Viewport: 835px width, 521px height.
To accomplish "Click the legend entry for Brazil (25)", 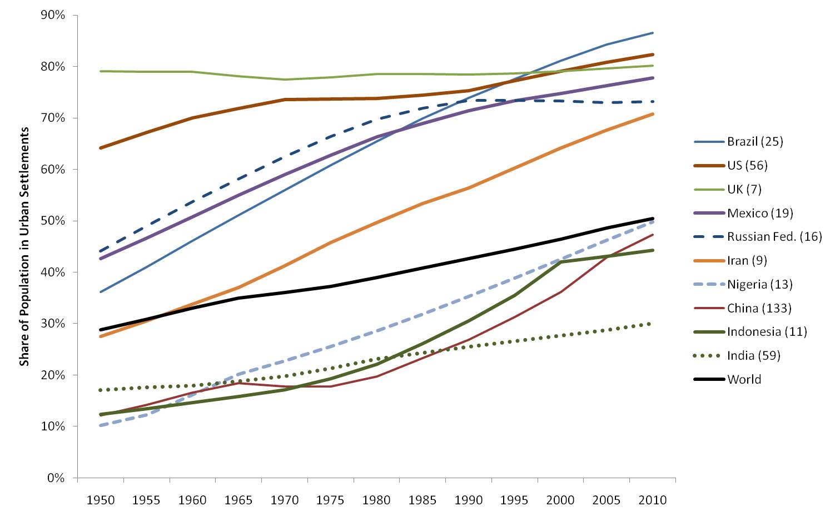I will pyautogui.click(x=754, y=142).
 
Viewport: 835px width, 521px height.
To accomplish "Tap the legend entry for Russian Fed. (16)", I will pyautogui.click(x=774, y=237).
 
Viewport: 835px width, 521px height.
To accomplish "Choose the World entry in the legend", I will pyautogui.click(x=744, y=380).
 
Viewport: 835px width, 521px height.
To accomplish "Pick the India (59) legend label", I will pyautogui.click(x=753, y=356).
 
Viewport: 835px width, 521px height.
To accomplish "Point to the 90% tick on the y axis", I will pyautogui.click(x=53, y=16).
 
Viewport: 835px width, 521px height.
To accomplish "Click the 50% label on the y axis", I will pyautogui.click(x=53, y=221).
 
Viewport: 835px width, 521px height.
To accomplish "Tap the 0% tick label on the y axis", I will pyautogui.click(x=56, y=478).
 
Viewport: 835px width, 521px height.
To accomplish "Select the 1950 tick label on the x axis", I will pyautogui.click(x=101, y=500).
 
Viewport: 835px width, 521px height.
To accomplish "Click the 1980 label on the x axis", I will pyautogui.click(x=376, y=500).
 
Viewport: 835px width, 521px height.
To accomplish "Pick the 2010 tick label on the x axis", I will pyautogui.click(x=652, y=500).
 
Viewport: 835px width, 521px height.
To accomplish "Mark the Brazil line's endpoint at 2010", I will pyautogui.click(x=653, y=33).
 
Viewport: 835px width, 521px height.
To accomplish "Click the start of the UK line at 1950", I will pyautogui.click(x=101, y=71).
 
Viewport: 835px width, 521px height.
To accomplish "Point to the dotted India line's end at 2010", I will pyautogui.click(x=653, y=324).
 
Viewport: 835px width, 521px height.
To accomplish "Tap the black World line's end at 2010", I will pyautogui.click(x=653, y=219).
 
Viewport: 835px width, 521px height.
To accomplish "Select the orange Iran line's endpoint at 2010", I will pyautogui.click(x=653, y=114).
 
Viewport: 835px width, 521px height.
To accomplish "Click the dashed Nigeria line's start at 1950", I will pyautogui.click(x=101, y=425).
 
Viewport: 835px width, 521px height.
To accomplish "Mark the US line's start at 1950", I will pyautogui.click(x=101, y=148).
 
